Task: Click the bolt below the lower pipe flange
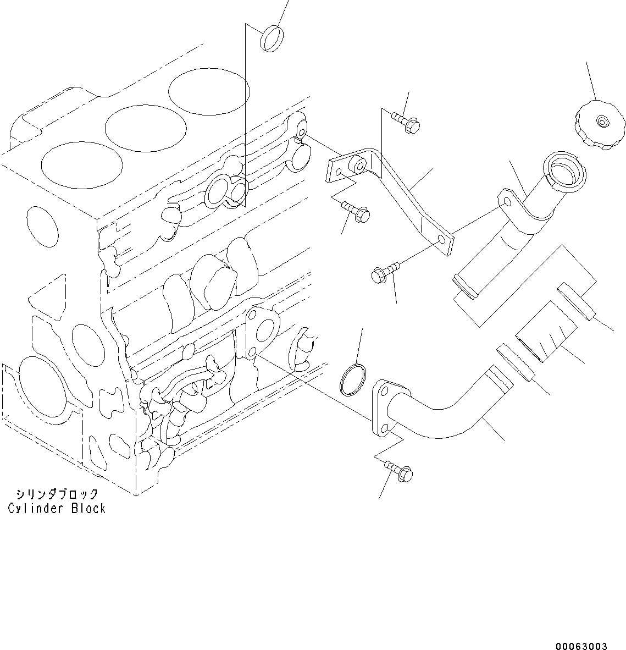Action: tap(400, 470)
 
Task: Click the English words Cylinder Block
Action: tap(57, 508)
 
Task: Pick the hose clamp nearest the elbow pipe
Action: tap(515, 363)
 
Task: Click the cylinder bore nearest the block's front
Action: tap(81, 166)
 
